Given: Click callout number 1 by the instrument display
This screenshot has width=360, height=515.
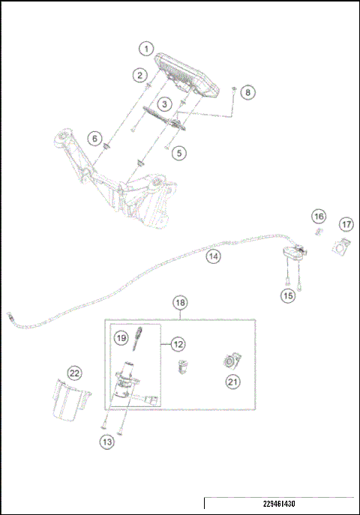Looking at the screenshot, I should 145,48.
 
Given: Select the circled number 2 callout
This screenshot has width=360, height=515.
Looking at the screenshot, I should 139,74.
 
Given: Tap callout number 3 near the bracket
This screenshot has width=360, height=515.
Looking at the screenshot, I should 163,103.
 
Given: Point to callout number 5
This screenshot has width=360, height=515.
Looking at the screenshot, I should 178,153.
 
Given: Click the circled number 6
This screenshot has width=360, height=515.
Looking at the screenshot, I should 94,138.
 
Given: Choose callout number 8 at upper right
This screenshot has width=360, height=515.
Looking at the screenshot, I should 248,92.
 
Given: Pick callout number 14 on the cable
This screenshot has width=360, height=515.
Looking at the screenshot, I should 214,256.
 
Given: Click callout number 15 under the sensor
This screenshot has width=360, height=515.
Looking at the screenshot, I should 288,296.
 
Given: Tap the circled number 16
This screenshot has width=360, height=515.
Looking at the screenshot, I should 319,217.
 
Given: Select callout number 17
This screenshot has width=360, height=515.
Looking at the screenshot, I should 346,224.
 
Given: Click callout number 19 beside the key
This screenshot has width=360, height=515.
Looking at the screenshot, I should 121,338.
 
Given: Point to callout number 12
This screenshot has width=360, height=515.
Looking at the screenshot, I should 178,344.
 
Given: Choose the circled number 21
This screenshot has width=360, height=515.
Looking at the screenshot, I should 232,382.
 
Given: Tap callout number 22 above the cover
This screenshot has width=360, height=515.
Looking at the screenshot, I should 74,373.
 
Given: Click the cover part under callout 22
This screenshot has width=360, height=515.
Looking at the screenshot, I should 69,401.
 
